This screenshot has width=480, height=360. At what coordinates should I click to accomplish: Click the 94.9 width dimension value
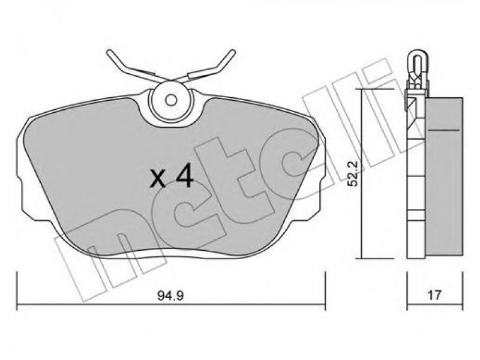click(x=170, y=295)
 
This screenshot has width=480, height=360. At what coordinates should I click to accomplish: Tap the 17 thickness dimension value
click(x=434, y=295)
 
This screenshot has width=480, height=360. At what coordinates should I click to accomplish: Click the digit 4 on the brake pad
click(x=185, y=177)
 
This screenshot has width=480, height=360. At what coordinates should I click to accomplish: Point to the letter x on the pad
click(x=158, y=179)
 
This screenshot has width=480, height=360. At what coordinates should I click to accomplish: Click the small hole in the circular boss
click(x=170, y=100)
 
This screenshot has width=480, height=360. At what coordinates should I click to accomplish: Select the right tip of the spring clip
click(x=233, y=52)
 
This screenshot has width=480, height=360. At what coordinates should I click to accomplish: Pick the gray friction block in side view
click(x=444, y=176)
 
